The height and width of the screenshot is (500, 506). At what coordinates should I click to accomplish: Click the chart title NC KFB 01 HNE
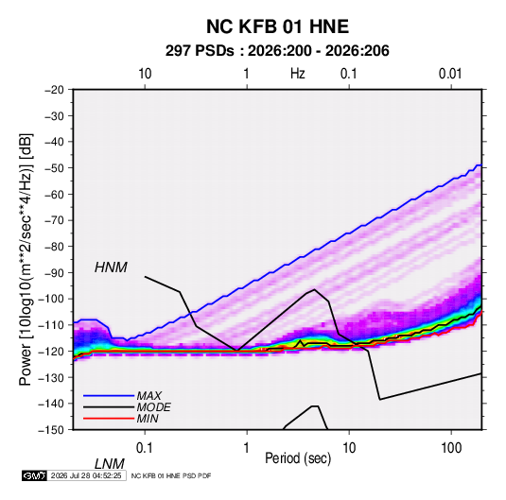tap(277, 26)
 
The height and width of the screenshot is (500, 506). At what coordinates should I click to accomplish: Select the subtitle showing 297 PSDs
tap(277, 51)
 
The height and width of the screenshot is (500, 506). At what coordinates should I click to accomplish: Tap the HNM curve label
tap(111, 267)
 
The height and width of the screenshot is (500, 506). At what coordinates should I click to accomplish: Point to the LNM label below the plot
tap(109, 464)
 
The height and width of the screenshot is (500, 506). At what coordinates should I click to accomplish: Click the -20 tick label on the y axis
tap(54, 90)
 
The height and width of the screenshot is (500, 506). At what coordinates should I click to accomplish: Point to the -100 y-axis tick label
tap(51, 299)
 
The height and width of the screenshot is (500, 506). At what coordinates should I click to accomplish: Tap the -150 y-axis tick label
tap(51, 430)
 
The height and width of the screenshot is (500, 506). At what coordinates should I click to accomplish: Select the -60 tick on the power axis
tap(54, 194)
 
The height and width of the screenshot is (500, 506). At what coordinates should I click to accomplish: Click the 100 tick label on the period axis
tap(451, 448)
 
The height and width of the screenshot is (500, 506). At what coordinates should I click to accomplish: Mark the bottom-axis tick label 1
tap(247, 448)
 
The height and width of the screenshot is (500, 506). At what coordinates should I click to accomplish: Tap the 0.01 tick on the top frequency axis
tap(450, 74)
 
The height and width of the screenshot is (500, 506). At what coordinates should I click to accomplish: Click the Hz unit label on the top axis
tap(298, 74)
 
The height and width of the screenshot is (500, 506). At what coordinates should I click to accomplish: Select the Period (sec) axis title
tap(298, 458)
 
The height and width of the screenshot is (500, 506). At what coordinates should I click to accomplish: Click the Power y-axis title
tap(26, 259)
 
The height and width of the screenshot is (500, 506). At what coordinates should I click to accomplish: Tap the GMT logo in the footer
tap(34, 475)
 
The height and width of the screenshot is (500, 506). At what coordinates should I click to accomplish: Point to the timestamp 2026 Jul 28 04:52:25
tap(86, 475)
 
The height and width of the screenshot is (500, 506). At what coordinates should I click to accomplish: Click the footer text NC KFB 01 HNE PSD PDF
tap(171, 475)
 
